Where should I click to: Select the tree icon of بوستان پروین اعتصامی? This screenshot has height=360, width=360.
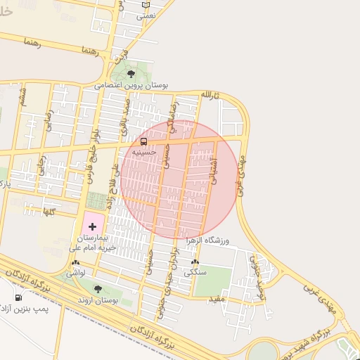click(x=131, y=74)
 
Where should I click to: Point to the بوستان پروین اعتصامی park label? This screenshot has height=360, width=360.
click(x=133, y=85)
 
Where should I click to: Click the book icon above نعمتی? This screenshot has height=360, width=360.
click(x=146, y=4)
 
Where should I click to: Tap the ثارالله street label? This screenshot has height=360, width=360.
click(x=211, y=94)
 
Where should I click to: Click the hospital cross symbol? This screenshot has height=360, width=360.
click(x=93, y=226)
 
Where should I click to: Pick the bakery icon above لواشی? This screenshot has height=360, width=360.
click(x=76, y=262)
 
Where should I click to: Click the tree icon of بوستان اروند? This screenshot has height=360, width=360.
click(x=98, y=289)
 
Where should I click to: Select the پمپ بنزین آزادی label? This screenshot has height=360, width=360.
click(x=41, y=310)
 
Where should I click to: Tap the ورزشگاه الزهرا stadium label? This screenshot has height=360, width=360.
click(x=213, y=240)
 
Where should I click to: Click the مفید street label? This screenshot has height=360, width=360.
click(x=216, y=300)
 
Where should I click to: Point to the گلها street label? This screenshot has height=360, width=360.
click(x=49, y=211)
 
